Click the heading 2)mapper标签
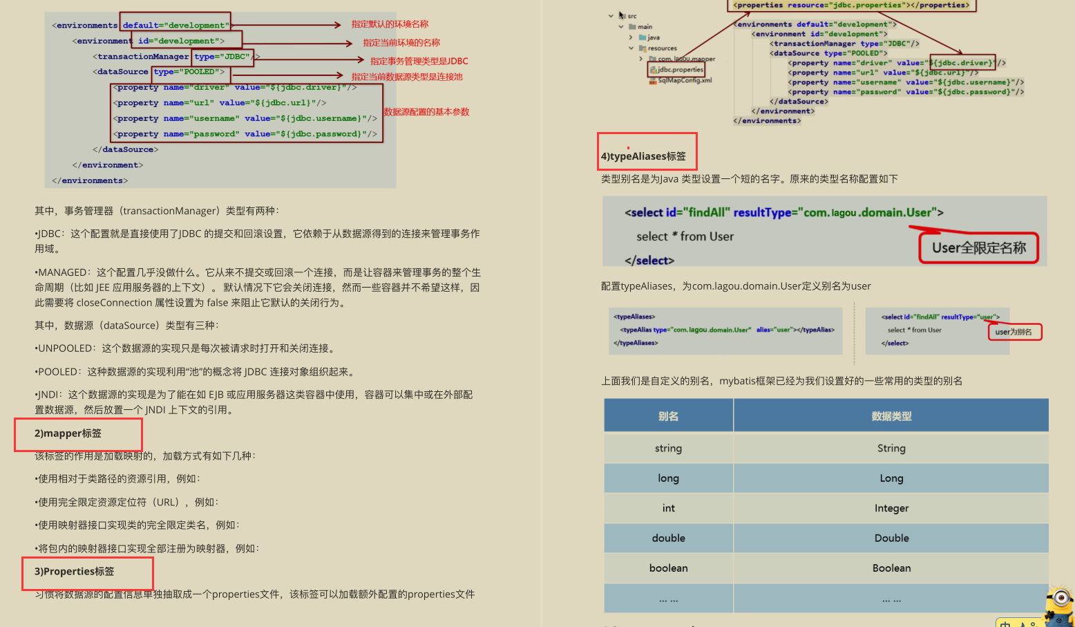(x=68, y=433)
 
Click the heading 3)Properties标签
(x=75, y=572)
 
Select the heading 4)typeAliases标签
(x=643, y=156)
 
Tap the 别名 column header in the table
(x=668, y=416)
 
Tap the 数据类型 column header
(x=891, y=416)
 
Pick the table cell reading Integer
(x=891, y=508)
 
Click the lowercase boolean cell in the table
(x=668, y=568)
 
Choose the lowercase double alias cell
(x=668, y=538)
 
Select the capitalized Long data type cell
(x=891, y=478)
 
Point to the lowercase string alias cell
(x=668, y=448)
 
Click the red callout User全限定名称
(x=978, y=248)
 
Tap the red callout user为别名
(x=1014, y=332)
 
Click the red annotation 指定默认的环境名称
(x=390, y=24)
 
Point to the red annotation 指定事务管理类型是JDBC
(x=419, y=61)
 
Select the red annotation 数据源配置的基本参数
(x=426, y=112)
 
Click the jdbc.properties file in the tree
(x=680, y=70)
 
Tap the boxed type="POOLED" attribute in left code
(x=189, y=72)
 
